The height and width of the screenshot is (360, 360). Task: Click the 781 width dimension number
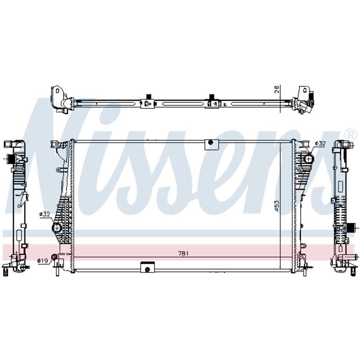[183, 253]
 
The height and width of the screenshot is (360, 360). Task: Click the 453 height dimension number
[277, 206]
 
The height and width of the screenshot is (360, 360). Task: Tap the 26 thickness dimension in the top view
[277, 89]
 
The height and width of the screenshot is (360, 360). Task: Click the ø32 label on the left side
[45, 214]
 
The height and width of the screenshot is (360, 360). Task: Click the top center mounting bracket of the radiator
[212, 144]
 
